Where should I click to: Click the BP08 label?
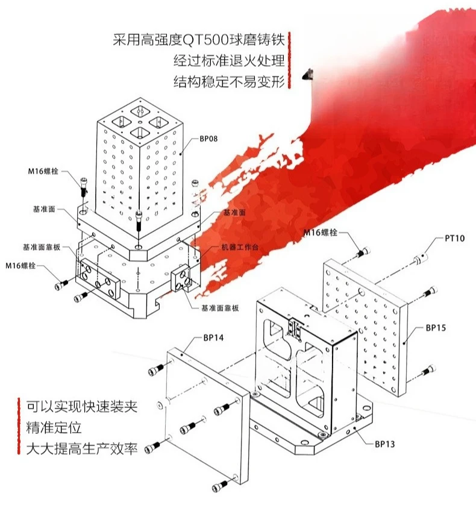[208, 139]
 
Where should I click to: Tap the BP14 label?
[213, 337]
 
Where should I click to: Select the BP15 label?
[436, 328]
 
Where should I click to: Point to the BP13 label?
[384, 444]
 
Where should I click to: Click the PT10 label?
[454, 238]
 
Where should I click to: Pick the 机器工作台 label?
[240, 247]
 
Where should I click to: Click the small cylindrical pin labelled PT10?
[419, 258]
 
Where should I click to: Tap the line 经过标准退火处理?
[229, 60]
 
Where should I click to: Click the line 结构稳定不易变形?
[229, 81]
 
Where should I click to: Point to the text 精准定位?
[54, 428]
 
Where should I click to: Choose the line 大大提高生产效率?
[82, 448]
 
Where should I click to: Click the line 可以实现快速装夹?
[82, 407]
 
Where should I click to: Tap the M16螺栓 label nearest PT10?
[321, 233]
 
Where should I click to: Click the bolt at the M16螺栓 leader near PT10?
[363, 252]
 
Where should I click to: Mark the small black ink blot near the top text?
[308, 75]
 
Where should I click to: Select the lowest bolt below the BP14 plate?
[220, 486]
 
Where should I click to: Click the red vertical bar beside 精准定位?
[19, 427]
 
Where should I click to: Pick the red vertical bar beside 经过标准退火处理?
[289, 60]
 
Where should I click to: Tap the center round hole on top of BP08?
[141, 122]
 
